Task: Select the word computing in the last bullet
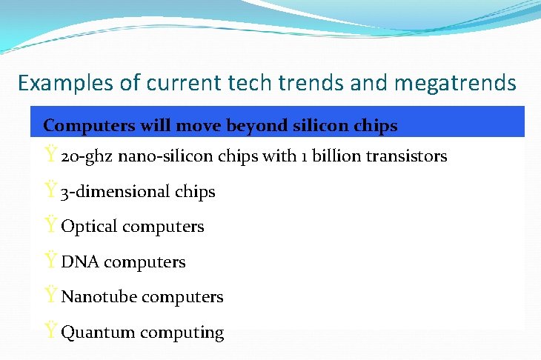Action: coord(182,333)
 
